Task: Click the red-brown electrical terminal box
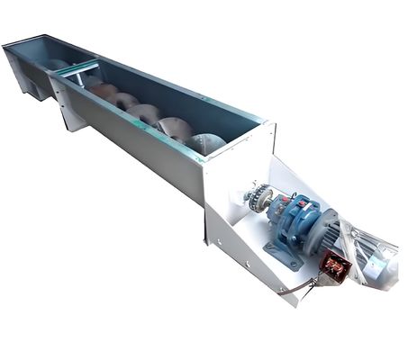point(335,266)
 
